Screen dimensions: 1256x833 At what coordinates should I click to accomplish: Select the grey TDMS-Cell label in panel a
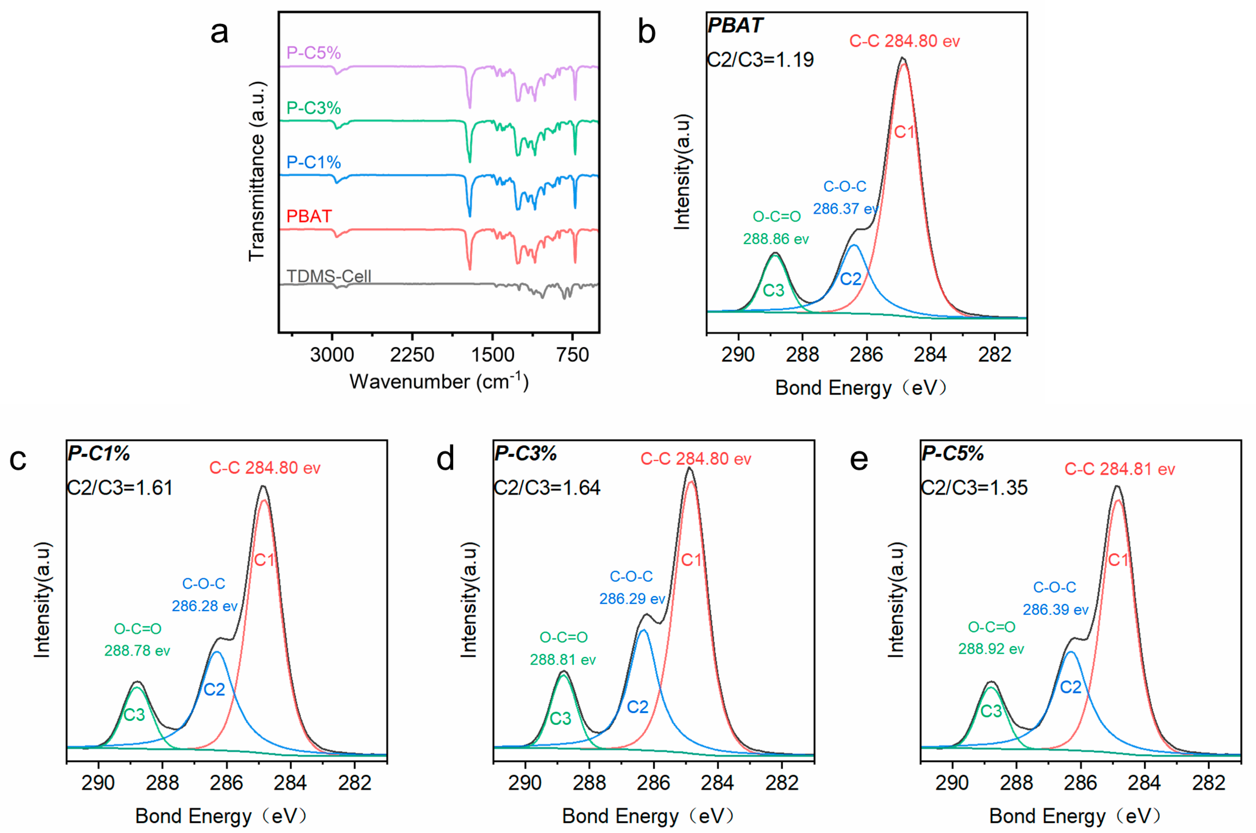pos(329,276)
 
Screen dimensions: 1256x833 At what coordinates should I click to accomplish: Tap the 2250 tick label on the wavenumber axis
pos(412,355)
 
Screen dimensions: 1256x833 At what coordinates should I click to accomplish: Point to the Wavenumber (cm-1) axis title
pos(439,381)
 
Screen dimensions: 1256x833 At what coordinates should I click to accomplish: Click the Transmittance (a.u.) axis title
pos(256,172)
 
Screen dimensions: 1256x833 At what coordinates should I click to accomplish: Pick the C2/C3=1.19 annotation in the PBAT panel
pos(761,59)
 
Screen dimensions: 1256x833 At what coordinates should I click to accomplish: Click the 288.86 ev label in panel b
pos(776,239)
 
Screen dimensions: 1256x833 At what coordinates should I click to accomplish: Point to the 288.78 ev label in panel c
pos(137,651)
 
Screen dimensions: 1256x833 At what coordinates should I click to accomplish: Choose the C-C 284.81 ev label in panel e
pos(1120,469)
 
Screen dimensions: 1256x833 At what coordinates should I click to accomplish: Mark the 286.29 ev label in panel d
pos(632,599)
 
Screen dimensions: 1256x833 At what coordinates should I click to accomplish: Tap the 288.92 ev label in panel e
pos(991,649)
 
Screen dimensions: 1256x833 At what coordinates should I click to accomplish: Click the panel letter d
pos(446,459)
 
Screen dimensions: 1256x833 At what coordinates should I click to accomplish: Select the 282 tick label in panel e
pos(1209,783)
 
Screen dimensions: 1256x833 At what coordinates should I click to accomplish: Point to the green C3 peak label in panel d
pos(560,718)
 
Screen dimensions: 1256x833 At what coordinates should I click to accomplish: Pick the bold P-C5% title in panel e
pos(953,454)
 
